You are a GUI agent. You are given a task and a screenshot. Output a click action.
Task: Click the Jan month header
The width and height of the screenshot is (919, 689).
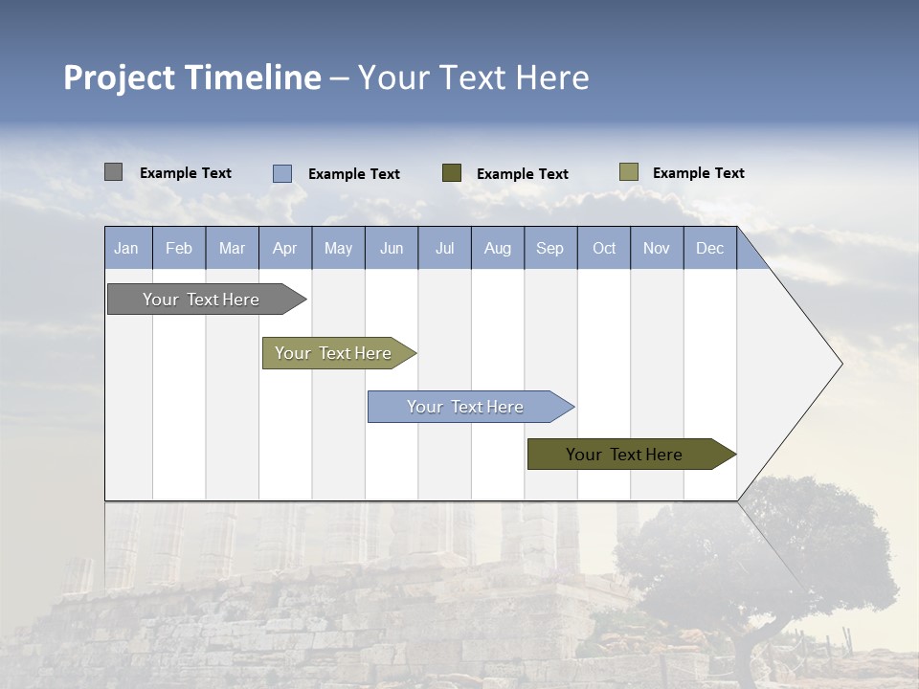(x=127, y=248)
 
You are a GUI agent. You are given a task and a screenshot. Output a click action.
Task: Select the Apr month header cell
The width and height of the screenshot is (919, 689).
(x=285, y=248)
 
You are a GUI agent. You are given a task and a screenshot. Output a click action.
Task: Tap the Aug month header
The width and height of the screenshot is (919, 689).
(x=497, y=248)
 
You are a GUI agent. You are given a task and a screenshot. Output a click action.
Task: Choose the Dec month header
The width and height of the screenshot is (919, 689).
(x=709, y=248)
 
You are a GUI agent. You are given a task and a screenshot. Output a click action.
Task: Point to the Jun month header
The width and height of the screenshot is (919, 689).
(x=392, y=248)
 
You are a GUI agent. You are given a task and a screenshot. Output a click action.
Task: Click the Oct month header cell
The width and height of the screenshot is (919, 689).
(x=604, y=248)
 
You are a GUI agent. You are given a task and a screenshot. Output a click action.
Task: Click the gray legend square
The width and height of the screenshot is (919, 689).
(x=113, y=172)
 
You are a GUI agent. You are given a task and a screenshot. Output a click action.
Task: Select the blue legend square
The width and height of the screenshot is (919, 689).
(x=282, y=173)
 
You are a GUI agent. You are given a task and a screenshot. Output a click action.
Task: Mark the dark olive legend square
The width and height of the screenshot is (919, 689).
(x=452, y=173)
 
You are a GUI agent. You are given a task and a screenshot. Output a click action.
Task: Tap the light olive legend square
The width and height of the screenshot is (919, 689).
(x=629, y=172)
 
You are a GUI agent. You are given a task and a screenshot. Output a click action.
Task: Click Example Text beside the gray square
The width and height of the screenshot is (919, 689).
(x=186, y=173)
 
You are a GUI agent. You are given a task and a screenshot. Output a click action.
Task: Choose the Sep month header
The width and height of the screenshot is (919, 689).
(x=549, y=248)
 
